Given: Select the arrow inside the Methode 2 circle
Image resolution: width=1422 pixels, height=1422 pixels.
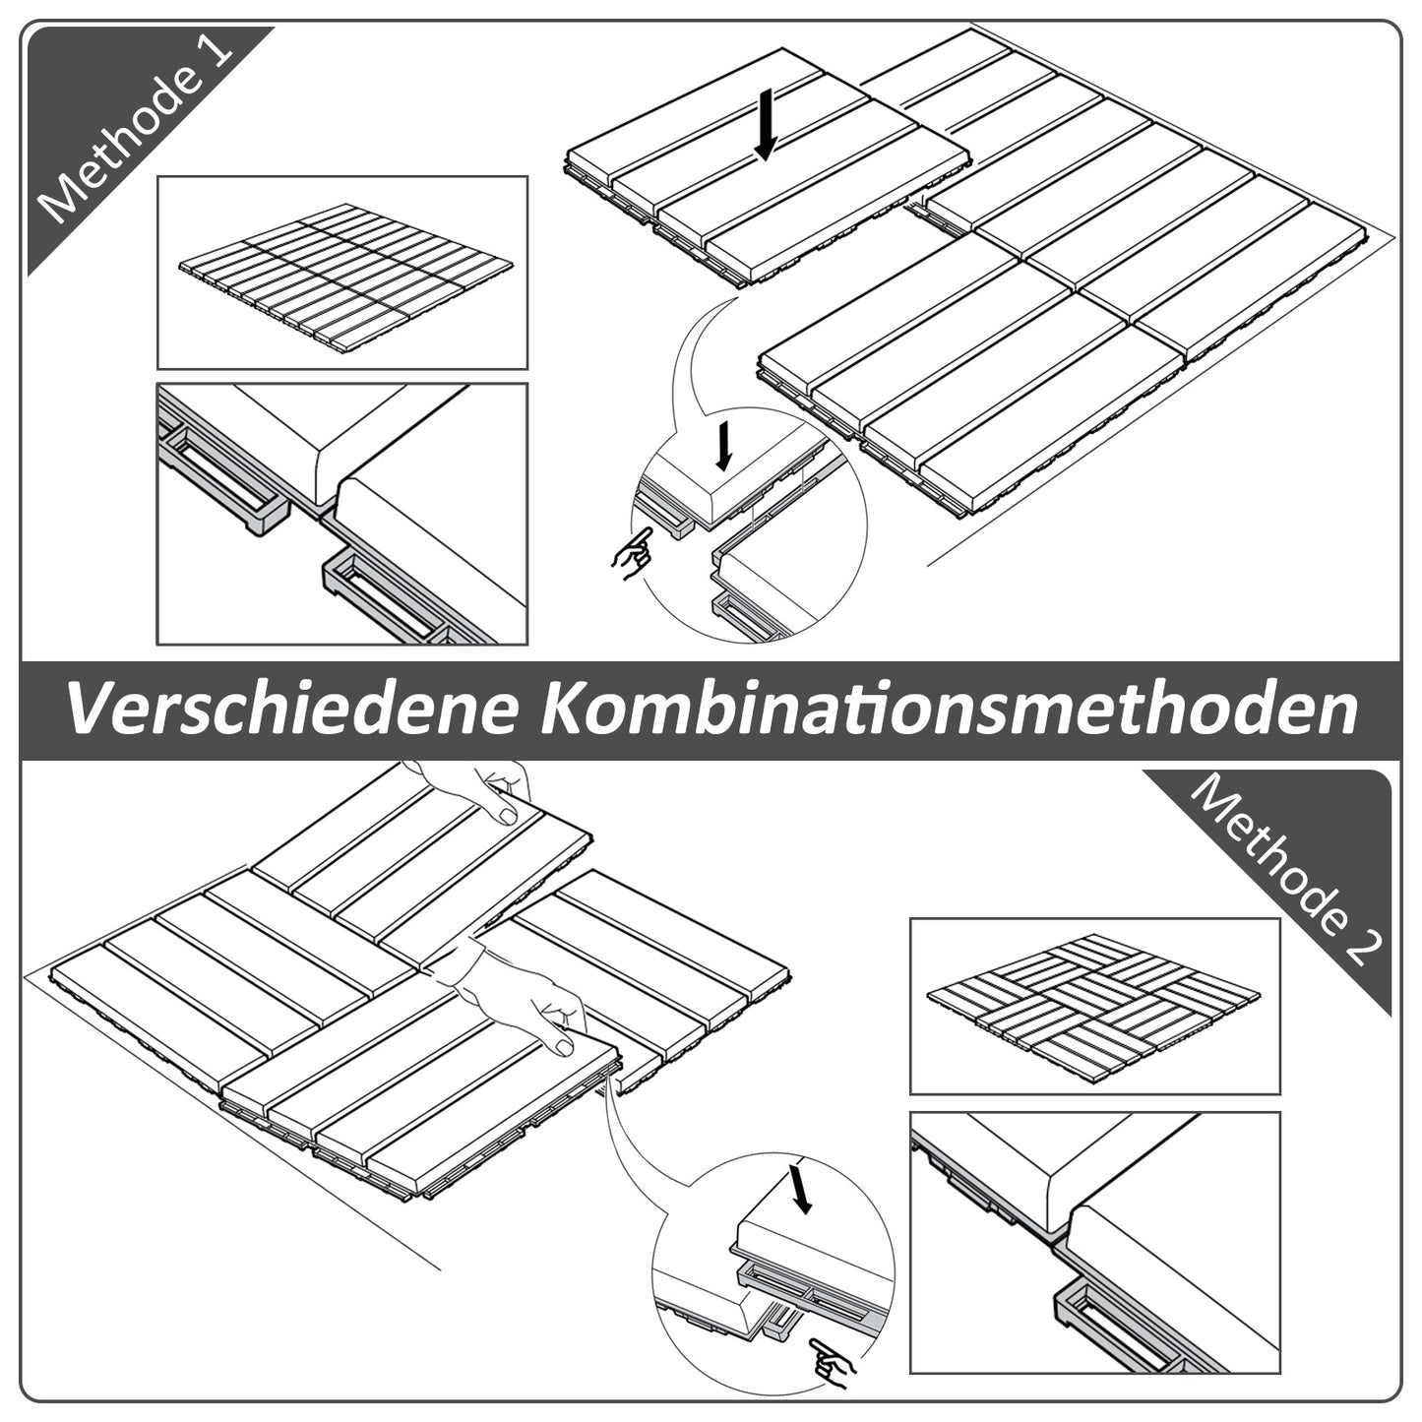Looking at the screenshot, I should pyautogui.click(x=801, y=1187).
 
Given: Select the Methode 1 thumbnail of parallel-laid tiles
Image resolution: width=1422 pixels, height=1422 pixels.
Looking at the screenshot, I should pyautogui.click(x=342, y=273).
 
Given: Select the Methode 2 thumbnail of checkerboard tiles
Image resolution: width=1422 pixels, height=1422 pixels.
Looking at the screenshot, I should pyautogui.click(x=1094, y=1006).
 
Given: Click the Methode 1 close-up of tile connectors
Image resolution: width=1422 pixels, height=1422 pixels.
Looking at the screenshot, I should pyautogui.click(x=342, y=514).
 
